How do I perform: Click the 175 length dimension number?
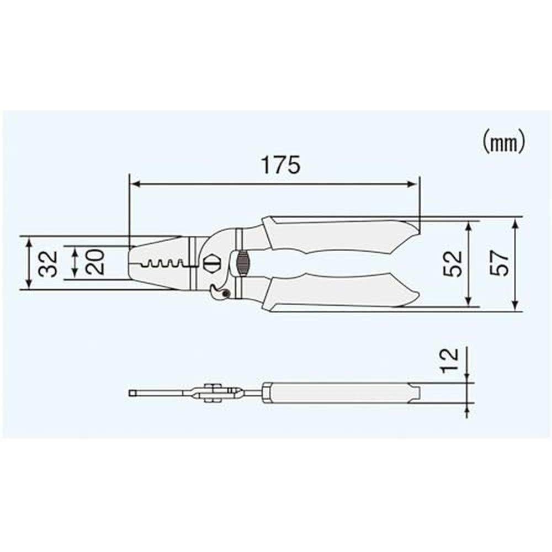pyautogui.click(x=281, y=164)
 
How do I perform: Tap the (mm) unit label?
pyautogui.click(x=504, y=141)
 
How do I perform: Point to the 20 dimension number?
pyautogui.click(x=95, y=262)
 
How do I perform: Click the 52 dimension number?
pyautogui.click(x=453, y=264)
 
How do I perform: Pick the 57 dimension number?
pyautogui.click(x=500, y=263)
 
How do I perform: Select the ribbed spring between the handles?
pyautogui.click(x=242, y=263)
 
